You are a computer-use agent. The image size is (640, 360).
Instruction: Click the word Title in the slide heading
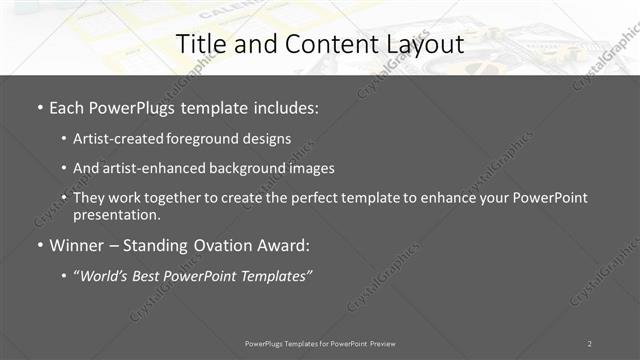click(198, 44)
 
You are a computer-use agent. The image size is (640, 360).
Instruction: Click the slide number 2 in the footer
click(590, 343)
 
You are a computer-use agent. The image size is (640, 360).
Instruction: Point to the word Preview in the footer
click(377, 343)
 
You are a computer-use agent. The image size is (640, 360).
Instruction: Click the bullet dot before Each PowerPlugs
click(39, 107)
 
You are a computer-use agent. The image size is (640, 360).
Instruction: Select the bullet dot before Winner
click(39, 245)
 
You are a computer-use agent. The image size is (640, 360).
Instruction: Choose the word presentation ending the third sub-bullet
click(115, 214)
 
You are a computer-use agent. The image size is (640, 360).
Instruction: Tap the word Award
click(285, 245)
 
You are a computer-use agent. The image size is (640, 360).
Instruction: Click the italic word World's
click(104, 275)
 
